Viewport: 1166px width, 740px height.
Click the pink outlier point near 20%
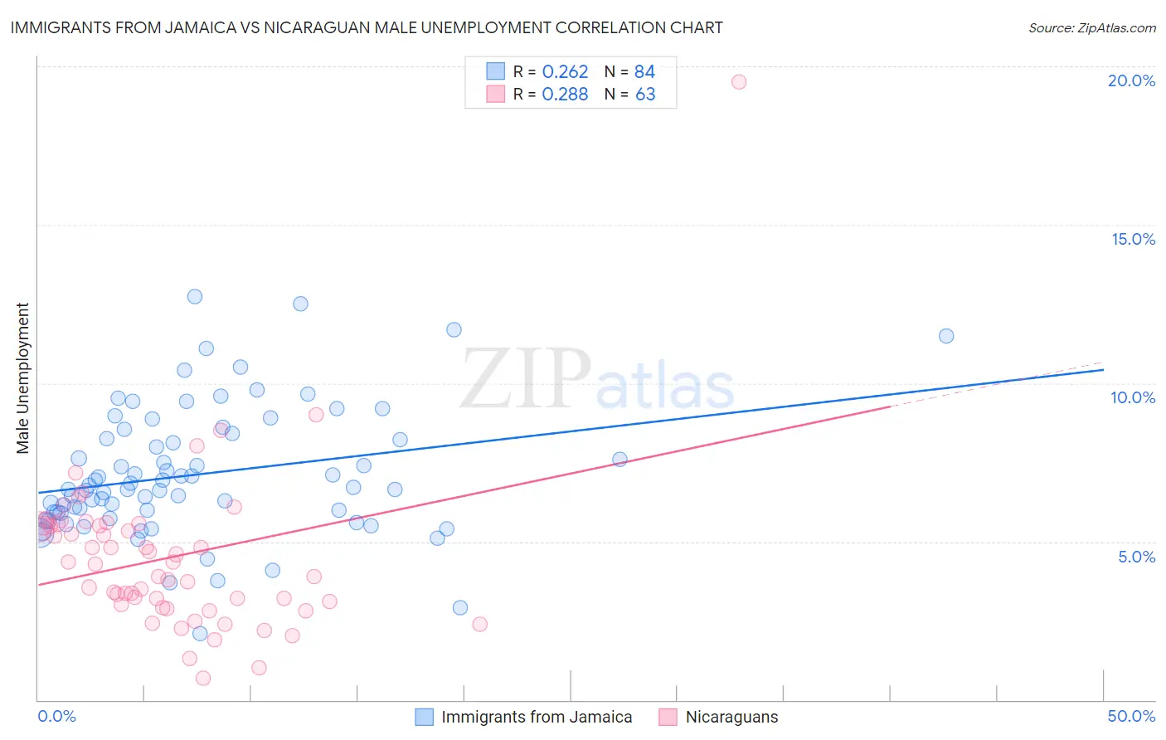[739, 81]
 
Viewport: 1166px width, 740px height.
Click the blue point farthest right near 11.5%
[946, 336]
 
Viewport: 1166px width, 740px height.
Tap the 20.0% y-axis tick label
[1131, 80]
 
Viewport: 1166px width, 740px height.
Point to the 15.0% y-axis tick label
[1133, 239]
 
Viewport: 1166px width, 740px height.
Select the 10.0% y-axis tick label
[1133, 397]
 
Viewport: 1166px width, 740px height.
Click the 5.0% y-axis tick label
[1136, 557]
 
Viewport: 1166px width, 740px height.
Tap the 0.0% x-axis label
[56, 716]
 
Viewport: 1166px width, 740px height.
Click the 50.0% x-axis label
[1131, 716]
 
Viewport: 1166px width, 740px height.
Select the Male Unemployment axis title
[22, 378]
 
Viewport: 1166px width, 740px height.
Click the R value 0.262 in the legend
[565, 72]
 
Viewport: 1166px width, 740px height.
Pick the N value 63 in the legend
[645, 95]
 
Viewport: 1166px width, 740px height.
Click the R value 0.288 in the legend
[565, 95]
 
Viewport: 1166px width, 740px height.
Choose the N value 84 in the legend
[644, 72]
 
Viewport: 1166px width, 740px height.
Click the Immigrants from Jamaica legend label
[537, 717]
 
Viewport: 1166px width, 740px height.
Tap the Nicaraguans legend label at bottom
[731, 717]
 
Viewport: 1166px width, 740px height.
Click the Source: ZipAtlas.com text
[1091, 28]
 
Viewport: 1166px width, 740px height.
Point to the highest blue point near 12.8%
[195, 296]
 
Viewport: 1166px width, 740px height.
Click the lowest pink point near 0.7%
[203, 678]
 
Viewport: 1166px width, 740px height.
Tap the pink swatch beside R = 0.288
[495, 94]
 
